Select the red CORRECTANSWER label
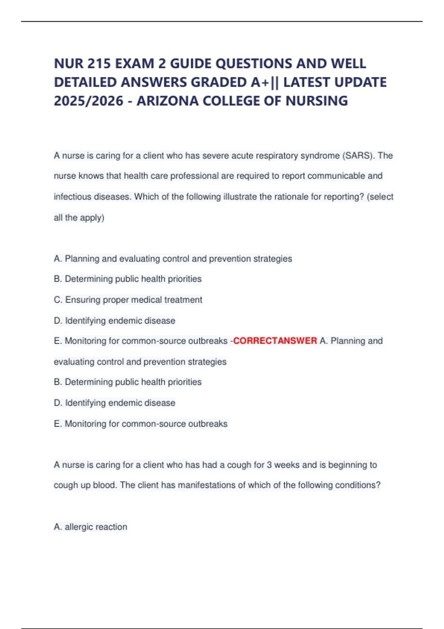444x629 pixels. [x=275, y=341]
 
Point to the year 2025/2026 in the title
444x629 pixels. [x=88, y=101]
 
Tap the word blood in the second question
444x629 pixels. [x=105, y=485]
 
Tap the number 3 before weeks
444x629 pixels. [x=269, y=465]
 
